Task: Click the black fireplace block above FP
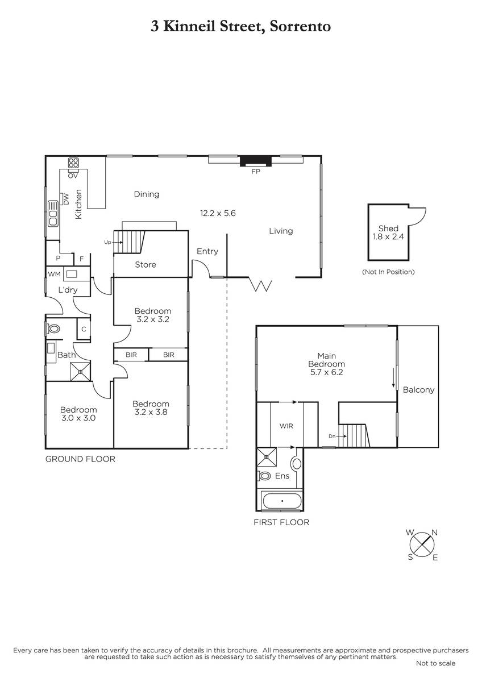(255, 161)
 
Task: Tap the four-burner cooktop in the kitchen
(73, 163)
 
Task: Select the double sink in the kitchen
(53, 214)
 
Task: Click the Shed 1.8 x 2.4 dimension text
(388, 236)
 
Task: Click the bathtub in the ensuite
(282, 501)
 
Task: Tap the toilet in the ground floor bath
(53, 329)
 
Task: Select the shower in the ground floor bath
(80, 372)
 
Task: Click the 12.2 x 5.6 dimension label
(218, 213)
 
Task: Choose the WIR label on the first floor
(286, 426)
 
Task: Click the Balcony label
(418, 390)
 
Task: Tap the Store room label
(146, 265)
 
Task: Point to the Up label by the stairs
(107, 242)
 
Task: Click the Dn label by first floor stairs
(332, 436)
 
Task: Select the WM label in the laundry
(54, 275)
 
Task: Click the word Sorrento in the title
(300, 27)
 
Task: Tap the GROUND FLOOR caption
(80, 459)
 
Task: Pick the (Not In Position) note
(388, 272)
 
